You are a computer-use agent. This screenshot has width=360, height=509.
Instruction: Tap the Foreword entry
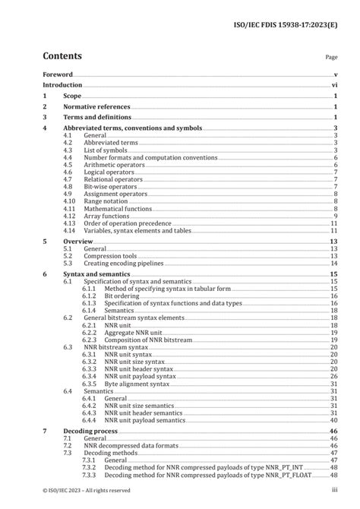[x=58, y=74]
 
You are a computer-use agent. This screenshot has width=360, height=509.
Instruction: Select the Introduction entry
[x=62, y=86]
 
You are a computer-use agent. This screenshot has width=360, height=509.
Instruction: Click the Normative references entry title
[x=96, y=107]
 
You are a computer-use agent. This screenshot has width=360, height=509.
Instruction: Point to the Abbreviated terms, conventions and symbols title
[x=133, y=128]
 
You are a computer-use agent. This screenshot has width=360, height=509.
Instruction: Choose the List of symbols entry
[x=106, y=150]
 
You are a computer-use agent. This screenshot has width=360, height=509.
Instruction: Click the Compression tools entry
[x=111, y=256]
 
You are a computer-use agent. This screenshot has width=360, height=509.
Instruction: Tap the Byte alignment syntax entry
[x=137, y=383]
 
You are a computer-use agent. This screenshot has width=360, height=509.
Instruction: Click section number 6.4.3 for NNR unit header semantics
[x=90, y=412]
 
